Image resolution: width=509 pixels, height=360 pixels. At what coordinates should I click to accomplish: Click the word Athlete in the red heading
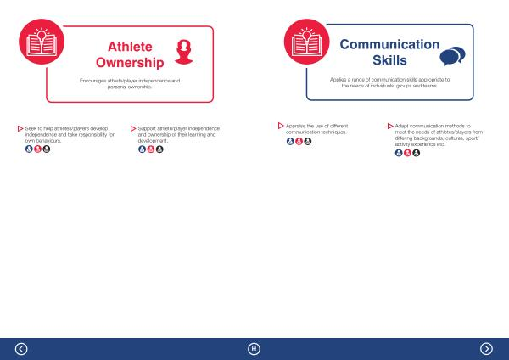coord(130,47)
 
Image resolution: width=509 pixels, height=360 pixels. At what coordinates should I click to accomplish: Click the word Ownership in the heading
coord(130,63)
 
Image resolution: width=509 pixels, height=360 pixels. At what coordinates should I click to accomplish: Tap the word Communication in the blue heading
coord(389,44)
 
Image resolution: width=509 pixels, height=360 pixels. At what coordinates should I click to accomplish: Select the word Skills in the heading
coord(389,60)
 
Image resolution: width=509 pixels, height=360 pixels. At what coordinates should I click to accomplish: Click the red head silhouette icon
coord(184,52)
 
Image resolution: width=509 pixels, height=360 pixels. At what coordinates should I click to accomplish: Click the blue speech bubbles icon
coord(452,56)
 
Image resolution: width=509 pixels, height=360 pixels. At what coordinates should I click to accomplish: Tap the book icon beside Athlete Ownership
coord(42,42)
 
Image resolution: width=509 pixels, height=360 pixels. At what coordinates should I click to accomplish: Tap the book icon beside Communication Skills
coord(307,42)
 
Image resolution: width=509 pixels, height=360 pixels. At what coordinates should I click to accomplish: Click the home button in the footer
coord(254,349)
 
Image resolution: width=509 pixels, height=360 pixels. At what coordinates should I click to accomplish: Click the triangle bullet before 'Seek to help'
coord(20,129)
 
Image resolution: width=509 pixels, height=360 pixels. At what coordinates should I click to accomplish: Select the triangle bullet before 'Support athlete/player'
coord(133,129)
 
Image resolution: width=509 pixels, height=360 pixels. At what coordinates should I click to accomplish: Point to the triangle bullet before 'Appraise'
coord(281,126)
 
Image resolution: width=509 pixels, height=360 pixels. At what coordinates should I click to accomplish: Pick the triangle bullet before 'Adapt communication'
coord(390,126)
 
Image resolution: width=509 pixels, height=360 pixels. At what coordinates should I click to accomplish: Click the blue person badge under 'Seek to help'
coord(29,149)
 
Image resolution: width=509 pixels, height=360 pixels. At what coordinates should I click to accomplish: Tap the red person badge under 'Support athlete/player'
coord(151,149)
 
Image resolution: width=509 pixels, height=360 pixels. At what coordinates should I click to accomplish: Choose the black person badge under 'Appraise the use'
coord(308,141)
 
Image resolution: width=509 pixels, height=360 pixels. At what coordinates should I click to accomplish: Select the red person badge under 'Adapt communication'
coord(407,153)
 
